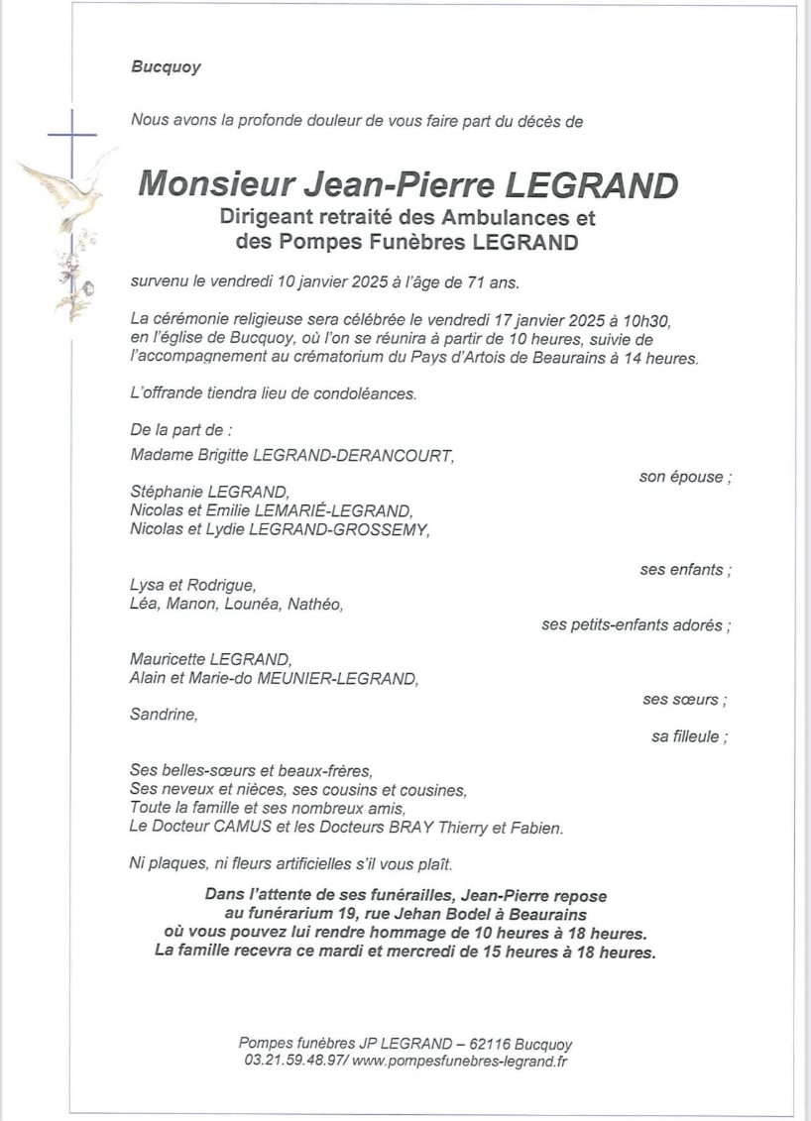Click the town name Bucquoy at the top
[x=166, y=67]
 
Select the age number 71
[x=471, y=282]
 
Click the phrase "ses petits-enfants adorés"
[x=636, y=625]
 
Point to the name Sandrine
[x=164, y=715]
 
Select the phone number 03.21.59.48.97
[x=294, y=1062]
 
